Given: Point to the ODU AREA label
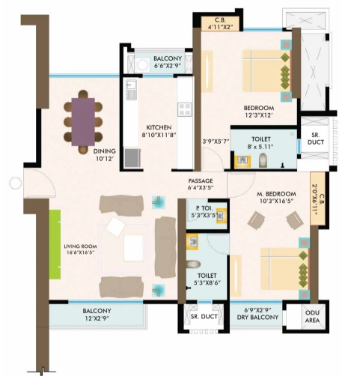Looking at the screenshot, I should click(313, 319).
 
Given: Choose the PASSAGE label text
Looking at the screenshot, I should click(201, 184).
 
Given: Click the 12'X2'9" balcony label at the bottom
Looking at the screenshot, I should click(97, 315).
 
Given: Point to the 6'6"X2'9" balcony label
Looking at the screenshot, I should click(168, 62).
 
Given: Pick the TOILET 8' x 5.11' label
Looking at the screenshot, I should click(262, 142).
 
